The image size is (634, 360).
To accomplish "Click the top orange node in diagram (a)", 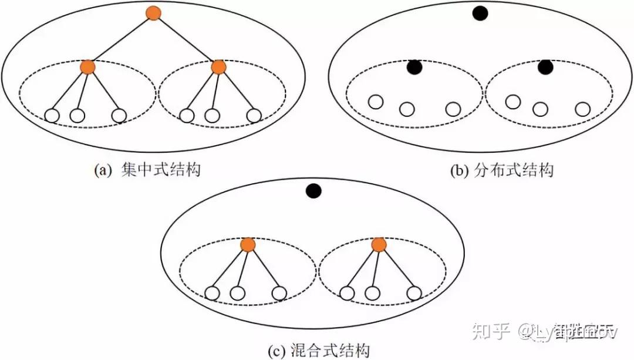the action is click(x=153, y=13).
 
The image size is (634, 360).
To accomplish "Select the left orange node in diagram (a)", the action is click(x=88, y=67).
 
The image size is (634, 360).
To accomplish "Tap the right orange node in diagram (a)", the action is click(x=218, y=67).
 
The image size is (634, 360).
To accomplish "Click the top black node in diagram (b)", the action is click(x=480, y=13).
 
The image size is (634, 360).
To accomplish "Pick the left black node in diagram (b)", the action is click(x=415, y=68).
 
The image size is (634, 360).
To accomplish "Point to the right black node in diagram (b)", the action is click(x=545, y=68).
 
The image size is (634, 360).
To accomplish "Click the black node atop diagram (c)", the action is click(x=313, y=191).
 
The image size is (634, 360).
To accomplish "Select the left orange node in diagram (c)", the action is click(x=248, y=245).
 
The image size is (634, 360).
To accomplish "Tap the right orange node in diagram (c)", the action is click(x=379, y=245).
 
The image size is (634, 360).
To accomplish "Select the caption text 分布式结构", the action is click(x=512, y=170).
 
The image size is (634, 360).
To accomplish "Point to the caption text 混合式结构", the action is click(x=330, y=351).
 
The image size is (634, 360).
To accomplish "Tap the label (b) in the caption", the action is click(x=458, y=170).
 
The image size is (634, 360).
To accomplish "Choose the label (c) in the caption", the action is click(x=276, y=351).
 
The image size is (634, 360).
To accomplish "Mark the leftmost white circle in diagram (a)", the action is click(x=52, y=116).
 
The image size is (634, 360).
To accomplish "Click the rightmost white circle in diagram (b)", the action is click(x=582, y=109).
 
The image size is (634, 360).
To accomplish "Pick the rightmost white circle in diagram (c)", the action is click(x=414, y=292).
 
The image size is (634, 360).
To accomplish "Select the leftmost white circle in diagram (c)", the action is click(x=212, y=292).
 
